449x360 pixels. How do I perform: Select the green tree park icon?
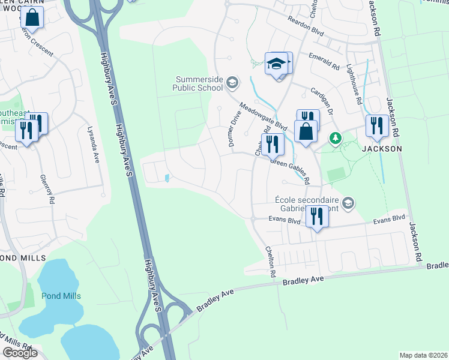[336, 138]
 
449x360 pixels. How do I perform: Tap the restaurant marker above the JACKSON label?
[376, 126]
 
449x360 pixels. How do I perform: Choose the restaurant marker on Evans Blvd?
[316, 216]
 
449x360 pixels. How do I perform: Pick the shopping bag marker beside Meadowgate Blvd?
[306, 131]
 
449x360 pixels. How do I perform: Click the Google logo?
[20, 353]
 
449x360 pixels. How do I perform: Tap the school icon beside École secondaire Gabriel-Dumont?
[348, 203]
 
